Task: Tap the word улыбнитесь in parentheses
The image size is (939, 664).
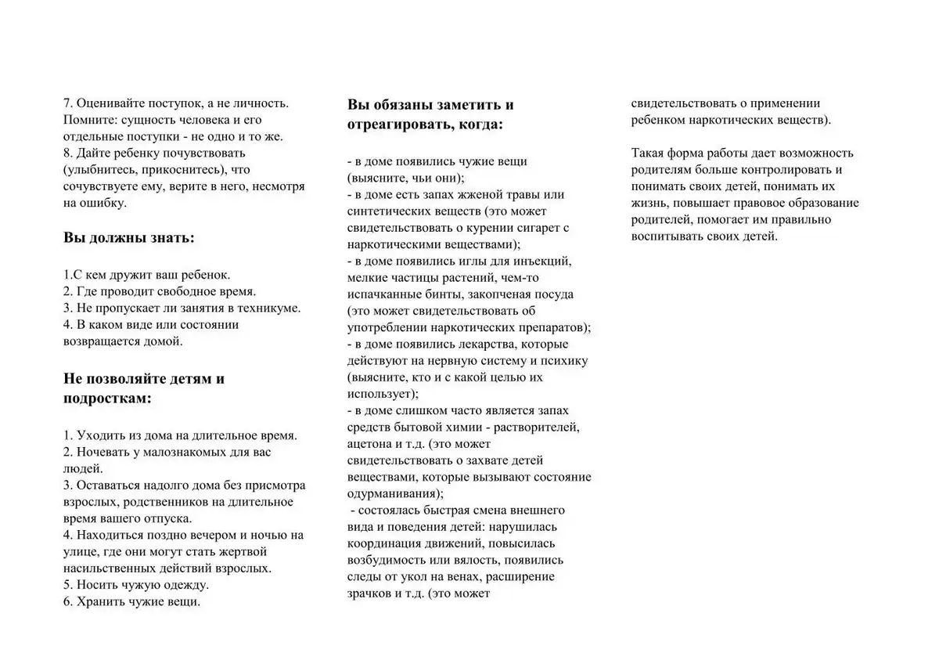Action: click(100, 170)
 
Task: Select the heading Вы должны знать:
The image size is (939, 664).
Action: click(129, 237)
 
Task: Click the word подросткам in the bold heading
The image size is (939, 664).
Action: click(107, 398)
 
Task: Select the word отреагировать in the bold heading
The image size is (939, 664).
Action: click(397, 124)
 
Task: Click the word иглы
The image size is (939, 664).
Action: click(467, 261)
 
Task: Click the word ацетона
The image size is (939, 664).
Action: click(369, 443)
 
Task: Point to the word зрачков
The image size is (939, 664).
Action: click(371, 594)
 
